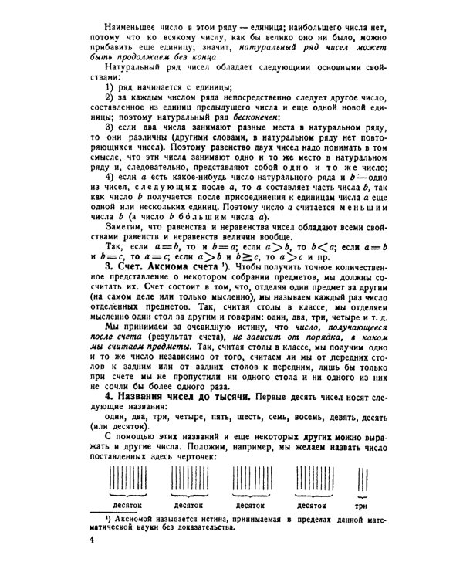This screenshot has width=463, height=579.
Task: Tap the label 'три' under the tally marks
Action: click(360, 506)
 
